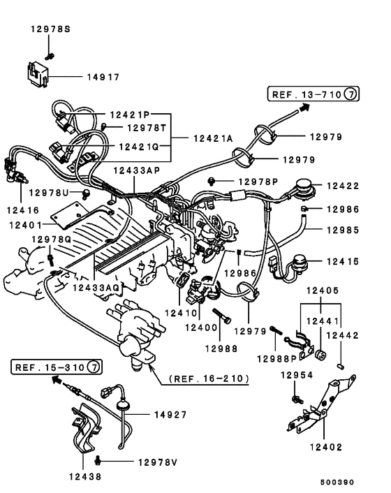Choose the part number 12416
pyautogui.click(x=24, y=208)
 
